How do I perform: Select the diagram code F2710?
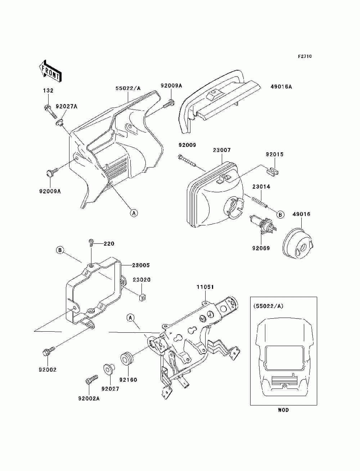[x=305, y=57]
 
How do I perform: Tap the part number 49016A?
[x=281, y=87]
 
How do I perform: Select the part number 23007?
[x=221, y=150]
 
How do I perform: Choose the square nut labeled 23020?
[x=141, y=297]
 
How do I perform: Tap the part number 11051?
[x=205, y=287]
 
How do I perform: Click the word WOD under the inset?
[x=283, y=410]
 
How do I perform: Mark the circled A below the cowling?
[x=134, y=213]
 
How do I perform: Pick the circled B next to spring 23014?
[x=280, y=214]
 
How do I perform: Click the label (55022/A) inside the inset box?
[x=268, y=306]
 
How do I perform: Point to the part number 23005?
[x=141, y=265]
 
